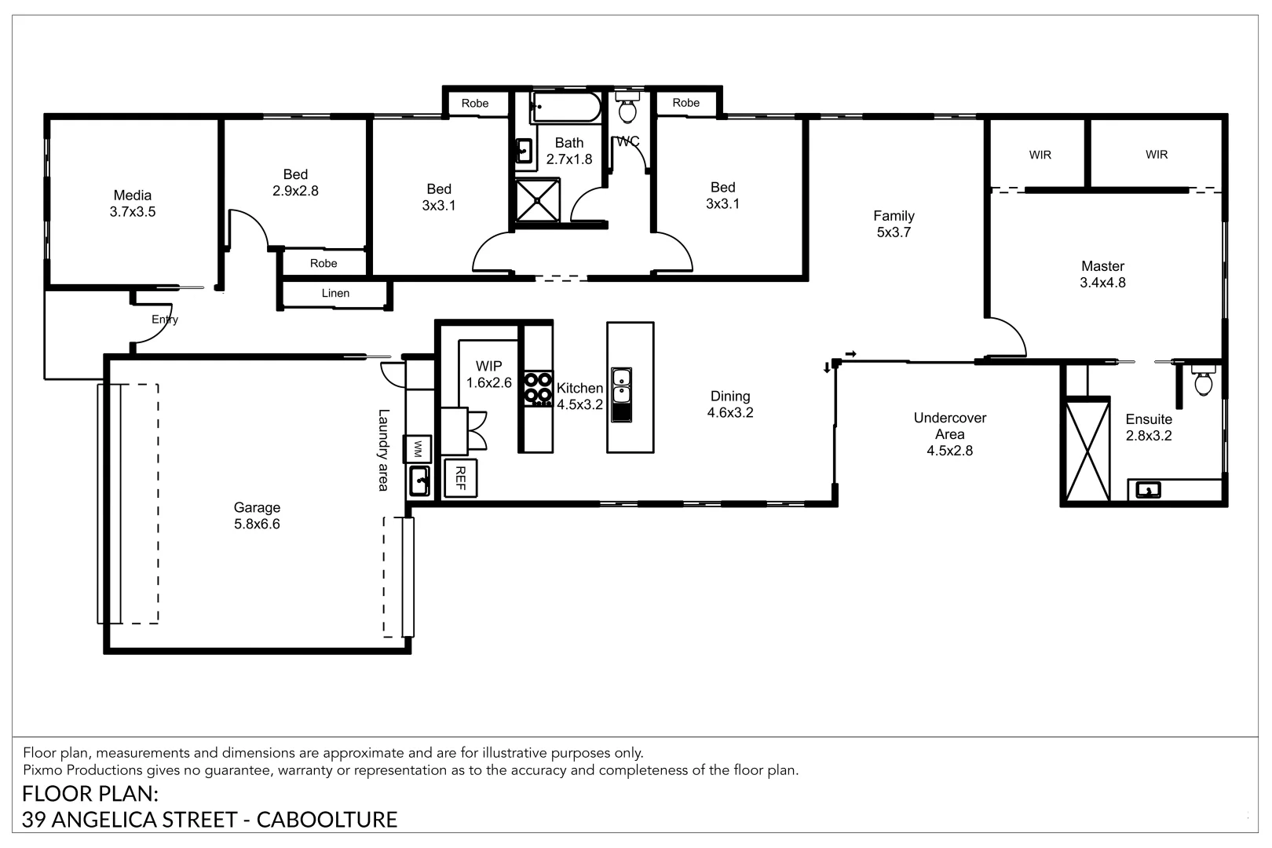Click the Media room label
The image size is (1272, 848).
pyautogui.click(x=133, y=196)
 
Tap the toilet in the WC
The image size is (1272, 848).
pyautogui.click(x=627, y=108)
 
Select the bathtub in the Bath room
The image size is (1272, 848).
pyautogui.click(x=565, y=108)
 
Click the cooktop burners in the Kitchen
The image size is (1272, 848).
pyautogui.click(x=538, y=389)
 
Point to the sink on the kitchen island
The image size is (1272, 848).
pyautogui.click(x=621, y=395)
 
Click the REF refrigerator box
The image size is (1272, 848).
pyautogui.click(x=460, y=478)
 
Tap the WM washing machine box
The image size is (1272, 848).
pyautogui.click(x=418, y=448)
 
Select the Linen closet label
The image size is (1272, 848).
pyautogui.click(x=335, y=293)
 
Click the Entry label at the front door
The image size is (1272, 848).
pyautogui.click(x=165, y=320)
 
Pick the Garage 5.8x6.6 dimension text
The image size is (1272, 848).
pyautogui.click(x=258, y=524)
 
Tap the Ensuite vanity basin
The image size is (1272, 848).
pyautogui.click(x=1148, y=490)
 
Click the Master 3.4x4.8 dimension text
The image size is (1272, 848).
pyautogui.click(x=1102, y=283)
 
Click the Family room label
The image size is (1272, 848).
pyautogui.click(x=894, y=216)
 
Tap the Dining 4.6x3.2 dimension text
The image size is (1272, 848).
pyautogui.click(x=730, y=413)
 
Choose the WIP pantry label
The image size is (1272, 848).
pyautogui.click(x=489, y=367)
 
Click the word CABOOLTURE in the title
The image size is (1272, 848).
pyautogui.click(x=327, y=820)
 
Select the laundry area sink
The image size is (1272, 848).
pyautogui.click(x=419, y=481)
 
